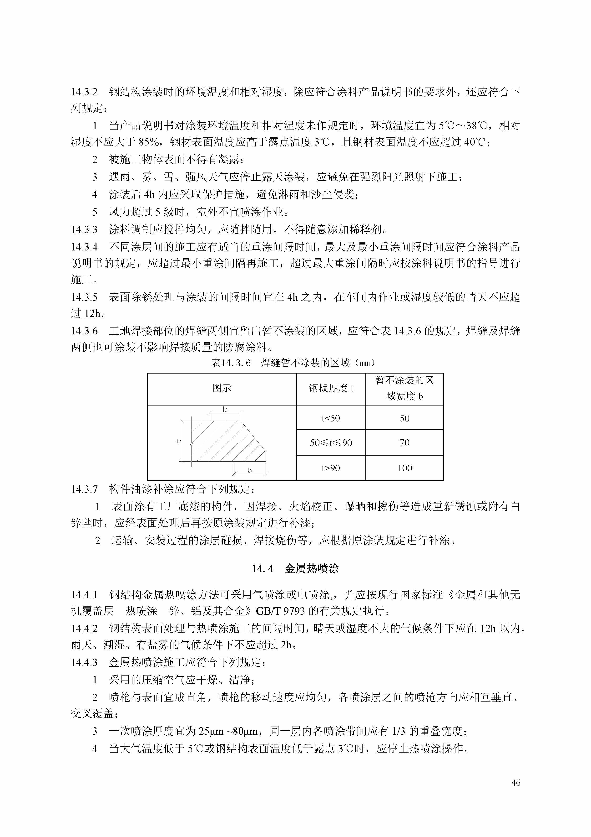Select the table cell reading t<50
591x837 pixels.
point(331,418)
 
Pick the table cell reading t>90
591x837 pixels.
point(331,468)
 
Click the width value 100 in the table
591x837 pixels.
point(404,468)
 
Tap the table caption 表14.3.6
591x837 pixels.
point(231,363)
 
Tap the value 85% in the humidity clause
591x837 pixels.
point(149,142)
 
